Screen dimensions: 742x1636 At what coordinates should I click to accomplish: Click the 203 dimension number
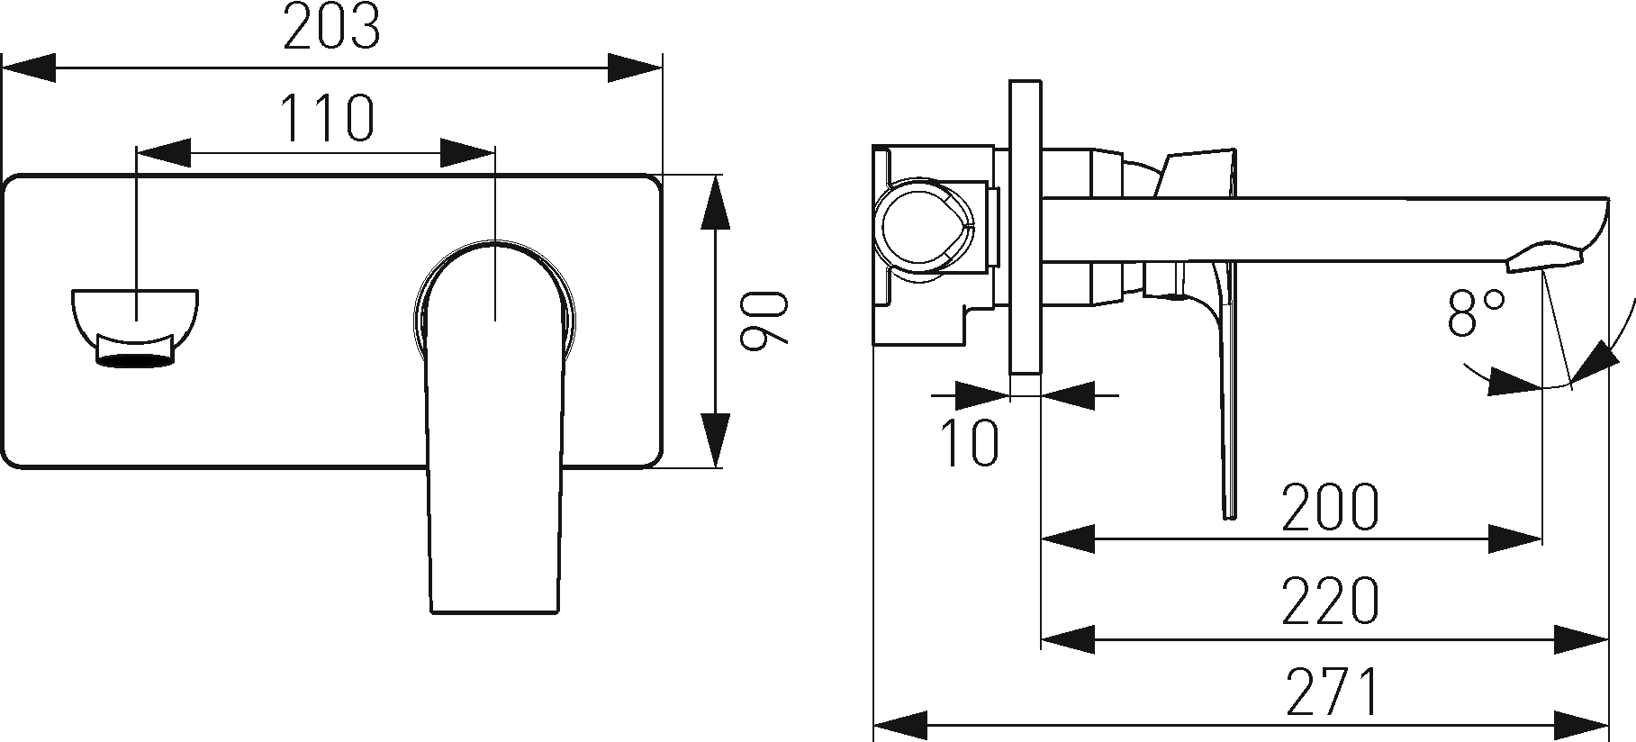point(331,30)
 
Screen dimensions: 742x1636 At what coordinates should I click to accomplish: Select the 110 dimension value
point(325,119)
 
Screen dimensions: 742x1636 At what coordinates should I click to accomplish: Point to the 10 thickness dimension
point(970,442)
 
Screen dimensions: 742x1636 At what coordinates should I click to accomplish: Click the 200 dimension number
point(1329,507)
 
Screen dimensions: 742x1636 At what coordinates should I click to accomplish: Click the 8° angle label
point(1477,312)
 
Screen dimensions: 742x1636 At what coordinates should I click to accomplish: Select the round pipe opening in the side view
point(925,231)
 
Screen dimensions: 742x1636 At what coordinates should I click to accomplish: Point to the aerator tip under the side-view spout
point(1547,256)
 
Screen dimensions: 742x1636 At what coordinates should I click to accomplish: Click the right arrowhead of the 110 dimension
point(466,152)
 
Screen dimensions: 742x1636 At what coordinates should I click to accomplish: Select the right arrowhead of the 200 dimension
point(1514,539)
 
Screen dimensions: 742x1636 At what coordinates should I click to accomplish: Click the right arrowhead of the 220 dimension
point(1582,638)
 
